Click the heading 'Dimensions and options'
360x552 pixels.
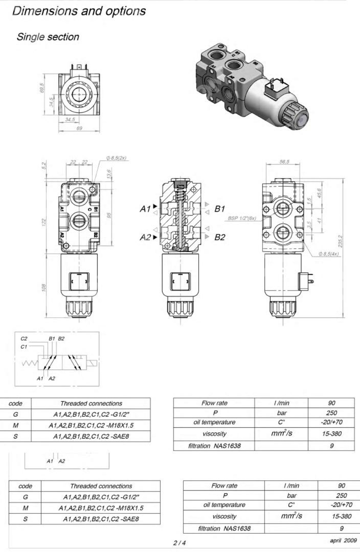pyautogui.click(x=79, y=11)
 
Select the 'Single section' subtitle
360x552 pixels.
pyautogui.click(x=48, y=37)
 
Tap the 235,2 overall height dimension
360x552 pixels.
pyautogui.click(x=340, y=241)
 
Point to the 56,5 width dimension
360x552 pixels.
pyautogui.click(x=284, y=162)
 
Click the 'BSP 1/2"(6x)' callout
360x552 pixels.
pyautogui.click(x=242, y=218)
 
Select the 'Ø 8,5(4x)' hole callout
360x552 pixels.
pyautogui.click(x=329, y=254)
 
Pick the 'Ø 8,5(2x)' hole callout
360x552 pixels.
pyautogui.click(x=116, y=158)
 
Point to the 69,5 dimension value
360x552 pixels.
pyautogui.click(x=42, y=87)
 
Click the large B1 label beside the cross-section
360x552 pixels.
pyautogui.click(x=220, y=209)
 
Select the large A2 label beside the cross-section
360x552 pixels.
pyautogui.click(x=145, y=237)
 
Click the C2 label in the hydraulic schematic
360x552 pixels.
pyautogui.click(x=24, y=339)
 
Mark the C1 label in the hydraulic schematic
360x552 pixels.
pyautogui.click(x=24, y=347)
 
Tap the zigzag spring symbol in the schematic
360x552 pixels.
pyautogui.click(x=29, y=363)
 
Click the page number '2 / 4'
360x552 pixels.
pyautogui.click(x=180, y=543)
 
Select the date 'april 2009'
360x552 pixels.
pyautogui.click(x=343, y=540)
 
